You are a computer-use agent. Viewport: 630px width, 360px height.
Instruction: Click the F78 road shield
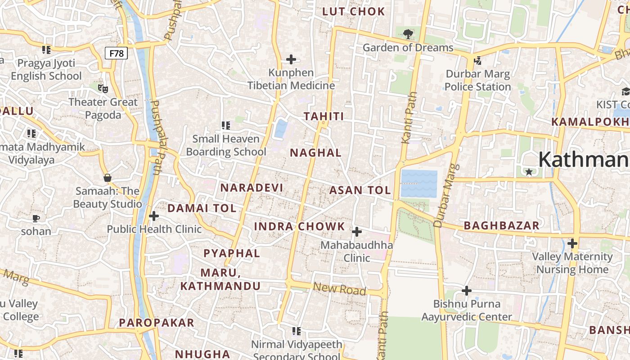point(117,53)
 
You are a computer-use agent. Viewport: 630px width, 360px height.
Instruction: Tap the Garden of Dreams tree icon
point(408,34)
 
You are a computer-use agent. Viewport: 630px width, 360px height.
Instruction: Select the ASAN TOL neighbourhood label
point(360,190)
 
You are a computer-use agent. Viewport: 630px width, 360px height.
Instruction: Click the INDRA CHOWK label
point(299,226)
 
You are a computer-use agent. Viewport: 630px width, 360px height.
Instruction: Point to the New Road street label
point(339,289)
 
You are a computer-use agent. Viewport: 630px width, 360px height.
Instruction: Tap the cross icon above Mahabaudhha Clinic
point(356,232)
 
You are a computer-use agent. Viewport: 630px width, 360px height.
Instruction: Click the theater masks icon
point(103,88)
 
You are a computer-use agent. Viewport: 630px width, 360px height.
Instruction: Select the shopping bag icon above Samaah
point(108,177)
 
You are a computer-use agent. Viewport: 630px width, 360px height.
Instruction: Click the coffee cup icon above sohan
point(36,218)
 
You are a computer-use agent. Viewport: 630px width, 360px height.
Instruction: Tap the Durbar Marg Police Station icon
point(477,60)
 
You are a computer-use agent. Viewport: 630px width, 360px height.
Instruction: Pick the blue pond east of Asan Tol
point(419,184)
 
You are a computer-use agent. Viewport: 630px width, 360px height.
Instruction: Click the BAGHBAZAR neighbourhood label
point(501,225)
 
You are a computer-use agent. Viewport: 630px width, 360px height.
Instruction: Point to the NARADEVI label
point(252,187)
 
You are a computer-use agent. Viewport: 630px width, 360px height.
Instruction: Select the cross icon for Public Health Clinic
point(154,216)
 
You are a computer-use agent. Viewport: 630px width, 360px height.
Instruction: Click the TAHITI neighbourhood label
point(324,117)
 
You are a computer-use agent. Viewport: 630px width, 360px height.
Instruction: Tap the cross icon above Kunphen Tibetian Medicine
point(291,59)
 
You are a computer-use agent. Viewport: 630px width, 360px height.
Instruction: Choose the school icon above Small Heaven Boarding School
point(225,125)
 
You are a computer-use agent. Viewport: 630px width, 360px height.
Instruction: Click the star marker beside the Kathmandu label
point(529,172)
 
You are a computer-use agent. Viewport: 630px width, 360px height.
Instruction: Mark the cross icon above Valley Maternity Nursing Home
point(572,243)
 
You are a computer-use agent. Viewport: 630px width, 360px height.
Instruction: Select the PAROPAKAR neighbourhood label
point(157,322)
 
